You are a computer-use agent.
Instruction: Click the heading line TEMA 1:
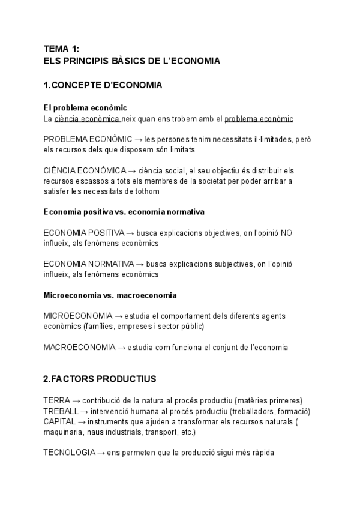[62, 49]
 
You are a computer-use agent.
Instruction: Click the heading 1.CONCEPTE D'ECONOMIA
[103, 85]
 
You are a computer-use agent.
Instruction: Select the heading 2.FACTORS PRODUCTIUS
[100, 379]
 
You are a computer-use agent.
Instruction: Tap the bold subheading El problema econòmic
[85, 108]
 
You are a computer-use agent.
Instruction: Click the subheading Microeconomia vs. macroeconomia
[110, 295]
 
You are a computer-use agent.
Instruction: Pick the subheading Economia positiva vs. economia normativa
[124, 212]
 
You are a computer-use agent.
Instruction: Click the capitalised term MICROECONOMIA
[78, 316]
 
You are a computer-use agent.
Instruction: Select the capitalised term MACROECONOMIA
[79, 347]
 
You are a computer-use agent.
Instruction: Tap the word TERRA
[57, 400]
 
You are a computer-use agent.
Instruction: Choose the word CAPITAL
[59, 421]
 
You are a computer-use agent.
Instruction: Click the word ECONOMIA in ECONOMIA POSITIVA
[63, 232]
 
